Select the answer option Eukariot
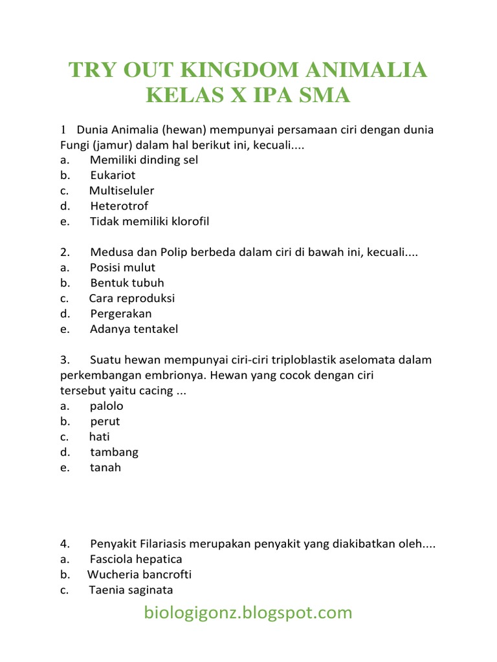(x=113, y=175)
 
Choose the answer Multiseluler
(x=122, y=191)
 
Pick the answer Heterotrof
(x=119, y=206)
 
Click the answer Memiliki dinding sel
(x=144, y=160)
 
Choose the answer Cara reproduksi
(x=132, y=299)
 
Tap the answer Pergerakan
(x=121, y=314)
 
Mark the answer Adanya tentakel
(x=134, y=330)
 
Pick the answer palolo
(x=107, y=407)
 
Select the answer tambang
(x=114, y=453)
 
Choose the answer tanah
(x=105, y=468)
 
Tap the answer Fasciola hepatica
(x=136, y=560)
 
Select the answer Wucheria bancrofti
(x=139, y=575)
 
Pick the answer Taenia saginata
(x=131, y=591)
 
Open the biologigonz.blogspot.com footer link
(x=248, y=613)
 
